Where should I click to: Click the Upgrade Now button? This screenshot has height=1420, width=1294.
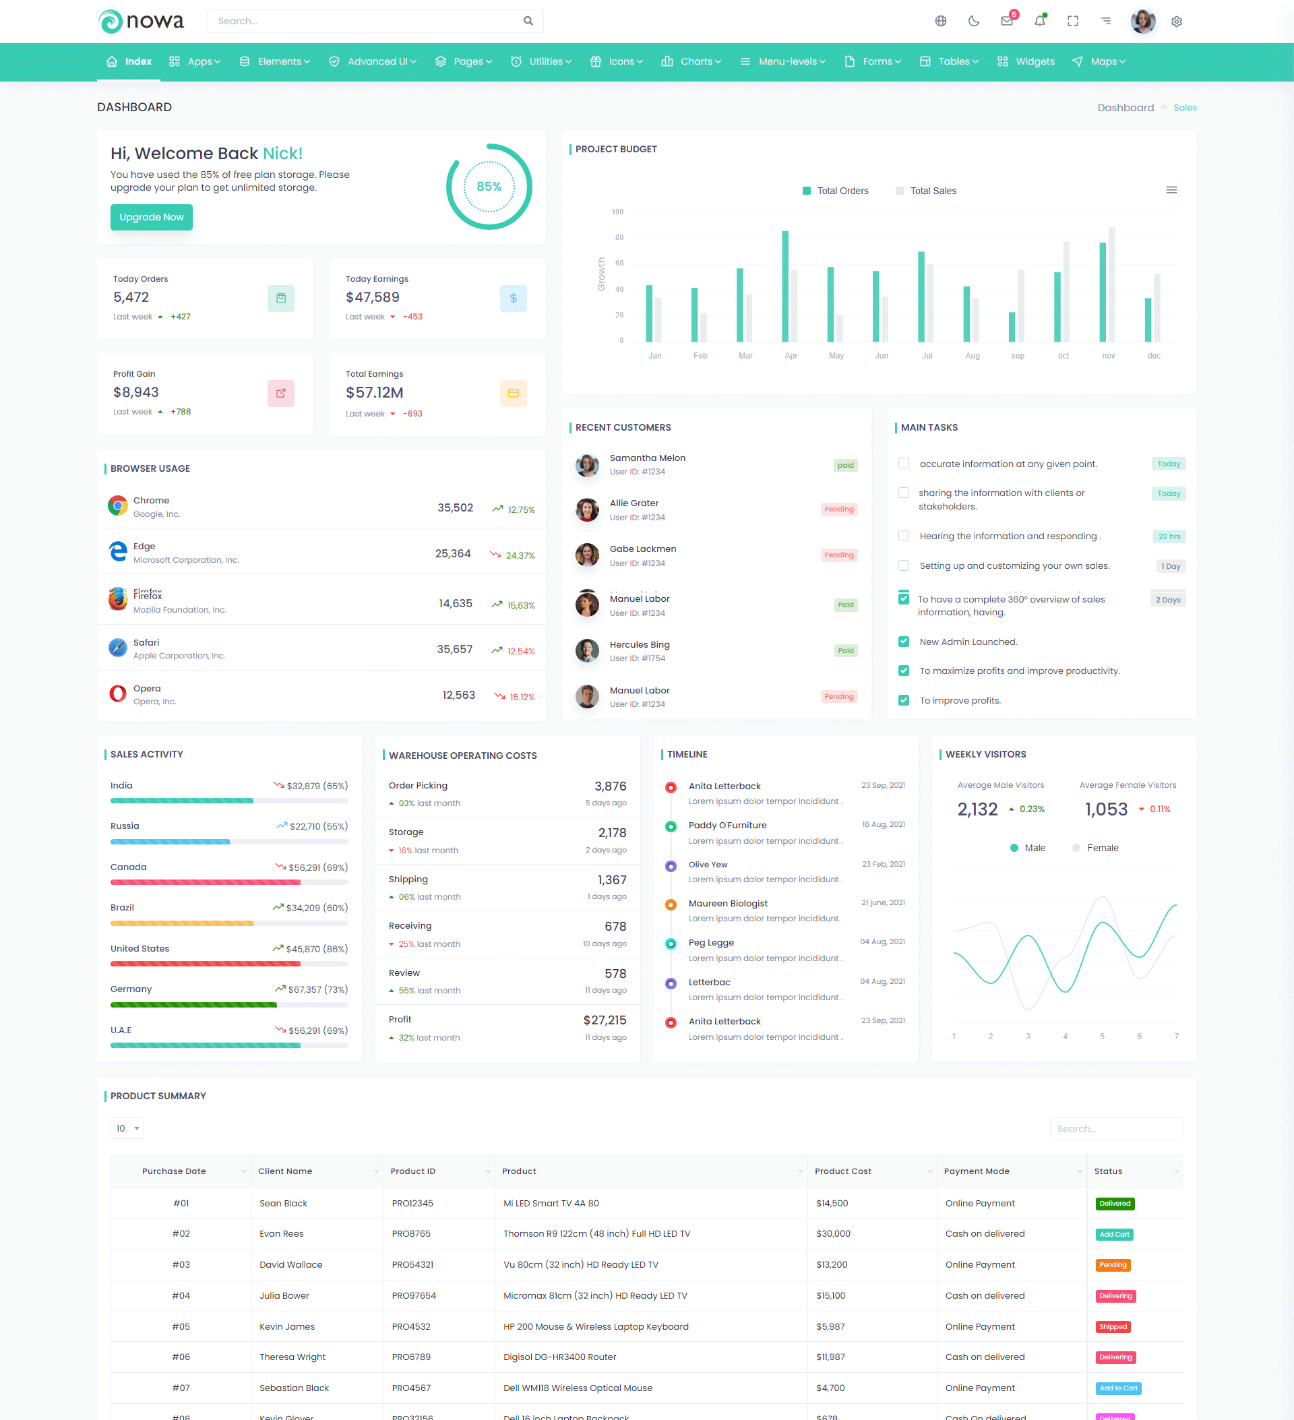(152, 217)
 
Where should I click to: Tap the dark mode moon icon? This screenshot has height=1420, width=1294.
(973, 21)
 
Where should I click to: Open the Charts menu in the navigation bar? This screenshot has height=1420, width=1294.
(691, 62)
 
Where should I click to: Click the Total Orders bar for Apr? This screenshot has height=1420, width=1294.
(784, 285)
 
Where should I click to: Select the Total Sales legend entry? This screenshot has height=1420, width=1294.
(925, 191)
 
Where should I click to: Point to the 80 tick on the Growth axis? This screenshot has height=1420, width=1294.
(619, 238)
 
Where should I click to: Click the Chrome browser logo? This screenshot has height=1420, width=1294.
(118, 505)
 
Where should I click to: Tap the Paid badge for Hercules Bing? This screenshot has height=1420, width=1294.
(845, 651)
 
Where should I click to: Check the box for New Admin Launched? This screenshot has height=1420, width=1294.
(904, 642)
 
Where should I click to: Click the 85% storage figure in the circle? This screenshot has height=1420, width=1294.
(489, 187)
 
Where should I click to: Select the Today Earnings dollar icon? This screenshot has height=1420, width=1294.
(513, 299)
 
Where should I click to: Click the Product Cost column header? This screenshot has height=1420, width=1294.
(843, 1171)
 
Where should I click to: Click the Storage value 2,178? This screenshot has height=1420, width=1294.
(611, 833)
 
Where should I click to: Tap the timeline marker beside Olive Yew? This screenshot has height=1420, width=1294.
(671, 865)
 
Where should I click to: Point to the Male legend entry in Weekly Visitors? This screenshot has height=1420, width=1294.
(1028, 848)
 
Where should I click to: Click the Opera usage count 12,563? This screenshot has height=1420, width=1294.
(458, 696)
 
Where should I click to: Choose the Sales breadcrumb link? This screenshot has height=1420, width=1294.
(1185, 108)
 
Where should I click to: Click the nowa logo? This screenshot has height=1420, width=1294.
(141, 21)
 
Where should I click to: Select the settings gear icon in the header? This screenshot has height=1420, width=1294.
(1176, 22)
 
